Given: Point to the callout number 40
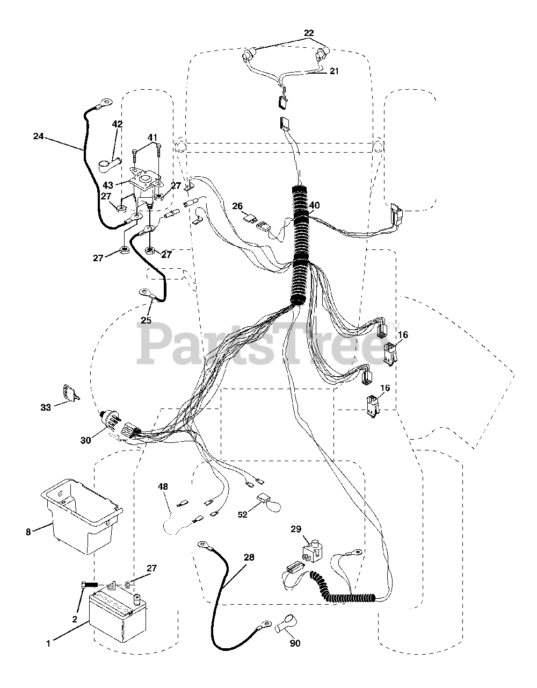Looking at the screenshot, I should [314, 205].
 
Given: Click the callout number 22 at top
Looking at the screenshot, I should [308, 33].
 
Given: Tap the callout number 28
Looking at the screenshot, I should [249, 557].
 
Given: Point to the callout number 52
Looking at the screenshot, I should [243, 514].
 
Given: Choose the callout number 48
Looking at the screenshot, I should [163, 486].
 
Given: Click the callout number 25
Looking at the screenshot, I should [146, 320].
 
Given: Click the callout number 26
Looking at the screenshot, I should [238, 206].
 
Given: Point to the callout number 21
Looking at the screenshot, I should [334, 71].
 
